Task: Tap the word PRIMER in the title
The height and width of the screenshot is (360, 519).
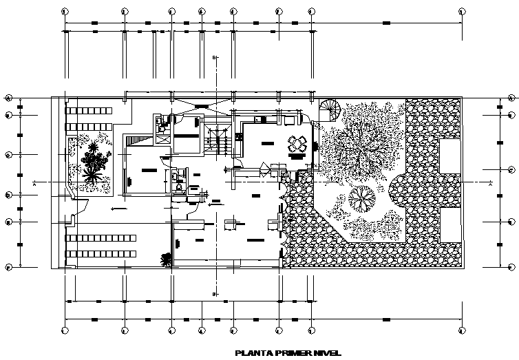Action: (290, 354)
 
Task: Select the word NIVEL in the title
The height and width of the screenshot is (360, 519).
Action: (326, 354)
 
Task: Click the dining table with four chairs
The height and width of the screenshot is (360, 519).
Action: (298, 144)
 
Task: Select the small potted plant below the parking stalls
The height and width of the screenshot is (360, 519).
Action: (166, 259)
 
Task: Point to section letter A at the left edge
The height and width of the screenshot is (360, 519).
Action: (34, 184)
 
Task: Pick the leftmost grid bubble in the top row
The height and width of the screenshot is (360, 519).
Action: (65, 12)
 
